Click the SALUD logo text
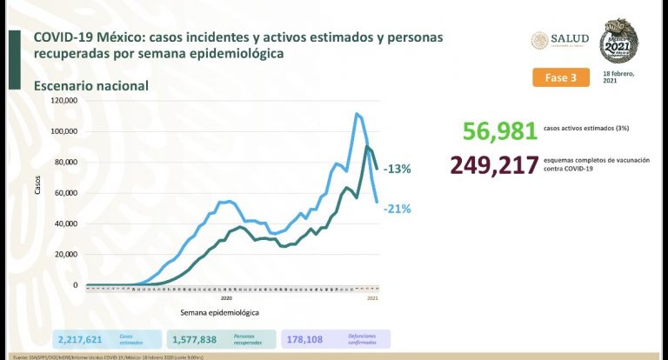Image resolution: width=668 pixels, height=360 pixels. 571,39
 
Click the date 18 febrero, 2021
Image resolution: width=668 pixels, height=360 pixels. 620,77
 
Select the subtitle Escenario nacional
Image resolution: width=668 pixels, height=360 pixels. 91,86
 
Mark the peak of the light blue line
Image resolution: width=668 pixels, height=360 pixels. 357,113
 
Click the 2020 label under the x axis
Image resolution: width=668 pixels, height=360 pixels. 226,297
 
